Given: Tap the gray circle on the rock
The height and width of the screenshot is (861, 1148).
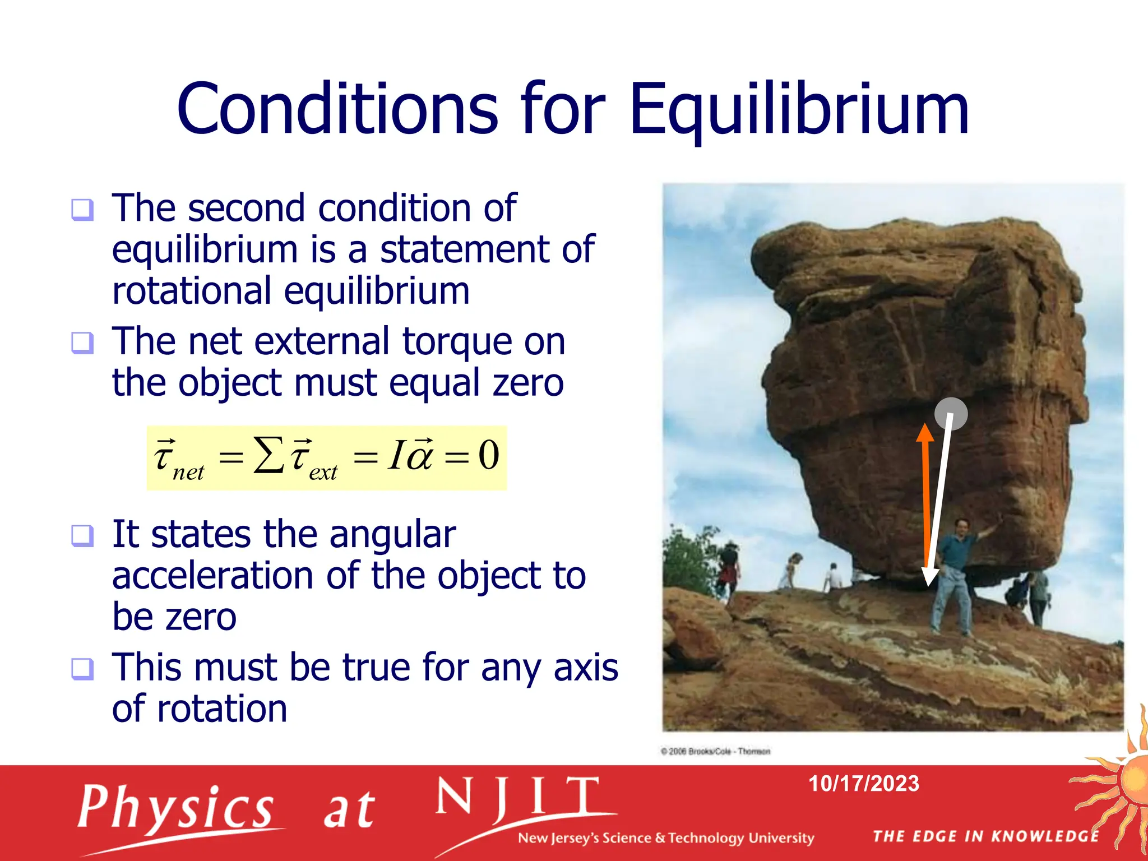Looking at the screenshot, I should [951, 414].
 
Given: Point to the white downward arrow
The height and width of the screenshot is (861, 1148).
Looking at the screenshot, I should [939, 504].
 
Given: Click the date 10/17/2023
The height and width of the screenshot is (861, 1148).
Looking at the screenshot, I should [863, 784].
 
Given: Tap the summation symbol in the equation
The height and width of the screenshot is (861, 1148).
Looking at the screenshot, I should [269, 455].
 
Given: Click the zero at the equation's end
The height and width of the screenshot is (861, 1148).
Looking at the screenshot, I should [488, 455].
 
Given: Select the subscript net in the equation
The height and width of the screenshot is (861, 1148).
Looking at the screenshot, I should [188, 473].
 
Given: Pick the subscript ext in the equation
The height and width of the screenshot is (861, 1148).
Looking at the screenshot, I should [323, 473].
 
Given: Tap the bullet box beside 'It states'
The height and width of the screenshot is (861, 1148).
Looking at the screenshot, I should [82, 535].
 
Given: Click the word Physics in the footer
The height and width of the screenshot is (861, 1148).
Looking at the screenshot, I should [175, 808].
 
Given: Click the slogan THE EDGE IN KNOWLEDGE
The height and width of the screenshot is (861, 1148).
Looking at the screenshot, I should [985, 836].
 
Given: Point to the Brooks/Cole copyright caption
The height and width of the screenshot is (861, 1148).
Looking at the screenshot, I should [716, 751].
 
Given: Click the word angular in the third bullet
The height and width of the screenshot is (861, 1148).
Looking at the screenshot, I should [392, 535].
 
